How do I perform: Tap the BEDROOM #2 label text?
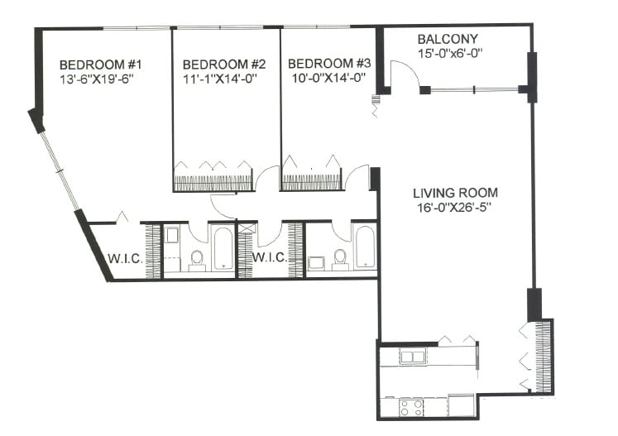coord(224,65)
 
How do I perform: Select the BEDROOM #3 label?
coord(325,65)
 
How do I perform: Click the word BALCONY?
coord(448,40)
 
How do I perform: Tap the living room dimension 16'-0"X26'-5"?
coord(455,208)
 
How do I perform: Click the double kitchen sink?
coord(413,357)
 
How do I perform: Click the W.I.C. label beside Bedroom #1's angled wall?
coord(124,258)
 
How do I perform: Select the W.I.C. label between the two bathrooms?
coord(270,258)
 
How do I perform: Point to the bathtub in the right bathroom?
coord(365,247)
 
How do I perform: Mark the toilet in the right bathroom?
coord(339,259)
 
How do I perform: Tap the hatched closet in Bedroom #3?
coord(312,182)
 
